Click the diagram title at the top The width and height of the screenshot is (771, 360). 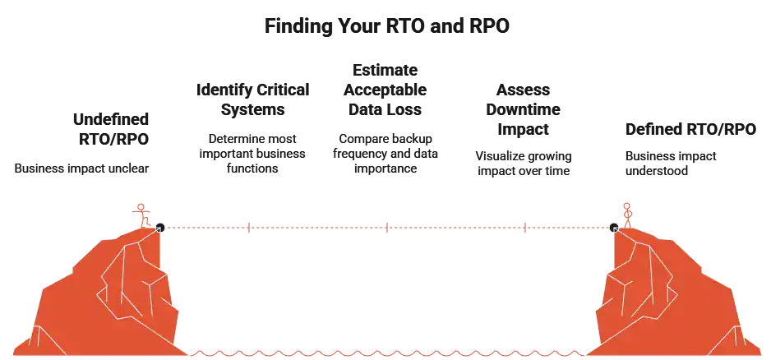(387, 25)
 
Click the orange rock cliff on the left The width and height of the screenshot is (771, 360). (107, 296)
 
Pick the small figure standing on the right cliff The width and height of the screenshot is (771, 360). (626, 212)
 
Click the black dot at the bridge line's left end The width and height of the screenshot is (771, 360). (159, 227)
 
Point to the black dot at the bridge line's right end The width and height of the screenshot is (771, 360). (614, 227)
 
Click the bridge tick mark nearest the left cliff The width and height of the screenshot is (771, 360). (247, 227)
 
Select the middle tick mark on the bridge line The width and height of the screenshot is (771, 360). (385, 227)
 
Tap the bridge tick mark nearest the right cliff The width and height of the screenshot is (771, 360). (524, 227)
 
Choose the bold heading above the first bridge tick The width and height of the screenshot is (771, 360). (253, 99)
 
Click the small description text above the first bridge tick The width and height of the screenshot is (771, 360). (253, 153)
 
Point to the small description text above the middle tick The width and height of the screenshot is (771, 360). (385, 153)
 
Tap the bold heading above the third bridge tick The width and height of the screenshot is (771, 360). (523, 109)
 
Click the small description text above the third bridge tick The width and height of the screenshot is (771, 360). (523, 163)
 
